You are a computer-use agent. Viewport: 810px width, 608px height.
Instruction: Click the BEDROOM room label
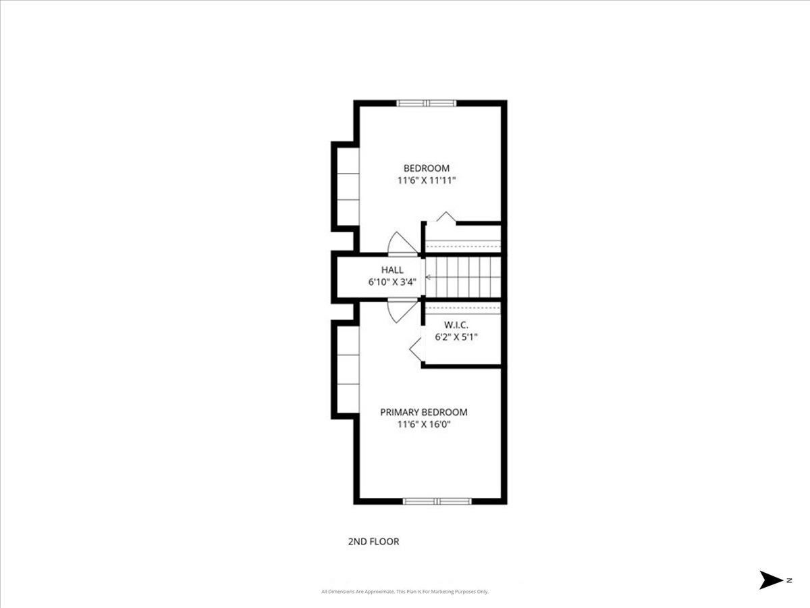(x=427, y=168)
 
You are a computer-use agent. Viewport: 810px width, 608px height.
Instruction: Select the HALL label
(x=392, y=270)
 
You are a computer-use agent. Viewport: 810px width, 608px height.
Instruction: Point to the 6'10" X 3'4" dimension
(x=392, y=282)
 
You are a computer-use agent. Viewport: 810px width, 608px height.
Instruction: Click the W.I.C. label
(x=456, y=325)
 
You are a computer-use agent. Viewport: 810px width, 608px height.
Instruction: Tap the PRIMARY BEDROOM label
(x=424, y=412)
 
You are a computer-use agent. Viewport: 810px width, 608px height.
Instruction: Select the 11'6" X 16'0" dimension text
(x=424, y=424)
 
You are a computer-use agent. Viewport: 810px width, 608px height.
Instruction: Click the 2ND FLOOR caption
(x=373, y=541)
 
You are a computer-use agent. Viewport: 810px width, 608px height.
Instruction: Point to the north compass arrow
(x=771, y=580)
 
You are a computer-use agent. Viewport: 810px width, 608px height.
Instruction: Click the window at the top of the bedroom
(x=427, y=103)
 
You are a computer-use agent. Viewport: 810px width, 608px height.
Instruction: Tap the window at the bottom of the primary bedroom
(x=436, y=501)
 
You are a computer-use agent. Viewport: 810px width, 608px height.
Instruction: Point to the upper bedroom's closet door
(x=446, y=218)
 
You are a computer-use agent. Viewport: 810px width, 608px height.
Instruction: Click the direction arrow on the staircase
(x=429, y=277)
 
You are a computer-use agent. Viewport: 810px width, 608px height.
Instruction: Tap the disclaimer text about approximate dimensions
(x=405, y=592)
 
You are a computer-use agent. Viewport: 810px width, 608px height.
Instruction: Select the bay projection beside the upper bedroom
(x=346, y=186)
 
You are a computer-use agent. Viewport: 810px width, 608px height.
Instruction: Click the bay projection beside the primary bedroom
(x=346, y=368)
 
